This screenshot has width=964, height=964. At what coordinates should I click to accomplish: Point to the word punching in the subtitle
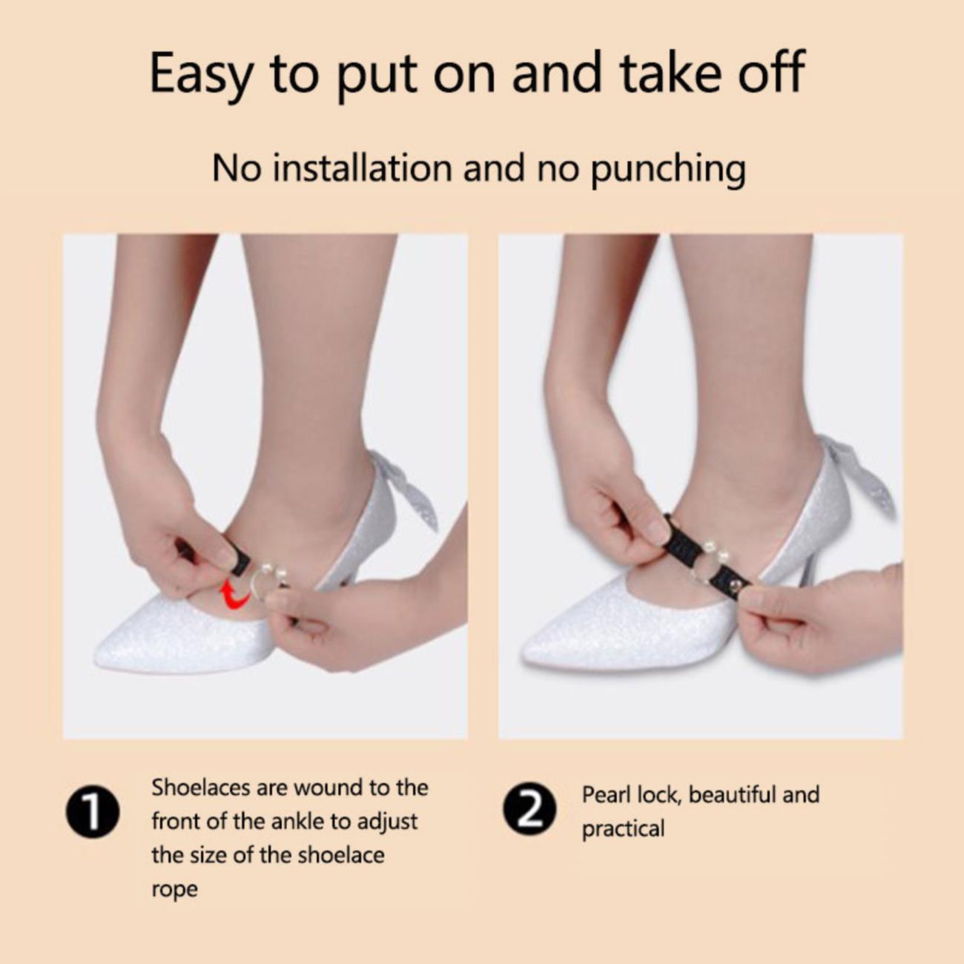[668, 170]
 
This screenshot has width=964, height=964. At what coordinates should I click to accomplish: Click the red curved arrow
[235, 595]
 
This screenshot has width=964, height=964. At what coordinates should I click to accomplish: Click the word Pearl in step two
[607, 794]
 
